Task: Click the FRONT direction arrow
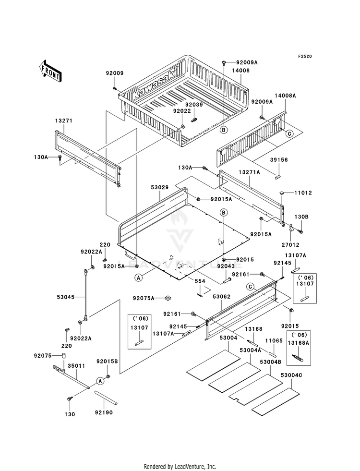tap(50, 71)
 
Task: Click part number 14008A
tap(285, 96)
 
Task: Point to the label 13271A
tap(249, 172)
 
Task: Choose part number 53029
tap(159, 188)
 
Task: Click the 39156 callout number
tap(278, 160)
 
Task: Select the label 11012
tap(303, 193)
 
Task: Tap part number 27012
tap(291, 245)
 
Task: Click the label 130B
tap(301, 217)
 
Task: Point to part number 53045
tap(65, 297)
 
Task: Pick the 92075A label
tap(144, 298)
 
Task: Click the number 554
tap(200, 281)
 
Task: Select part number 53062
tap(222, 297)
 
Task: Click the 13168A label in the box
tap(298, 343)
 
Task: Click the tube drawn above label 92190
tap(106, 397)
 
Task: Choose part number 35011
tap(76, 366)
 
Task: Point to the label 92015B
tap(107, 361)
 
